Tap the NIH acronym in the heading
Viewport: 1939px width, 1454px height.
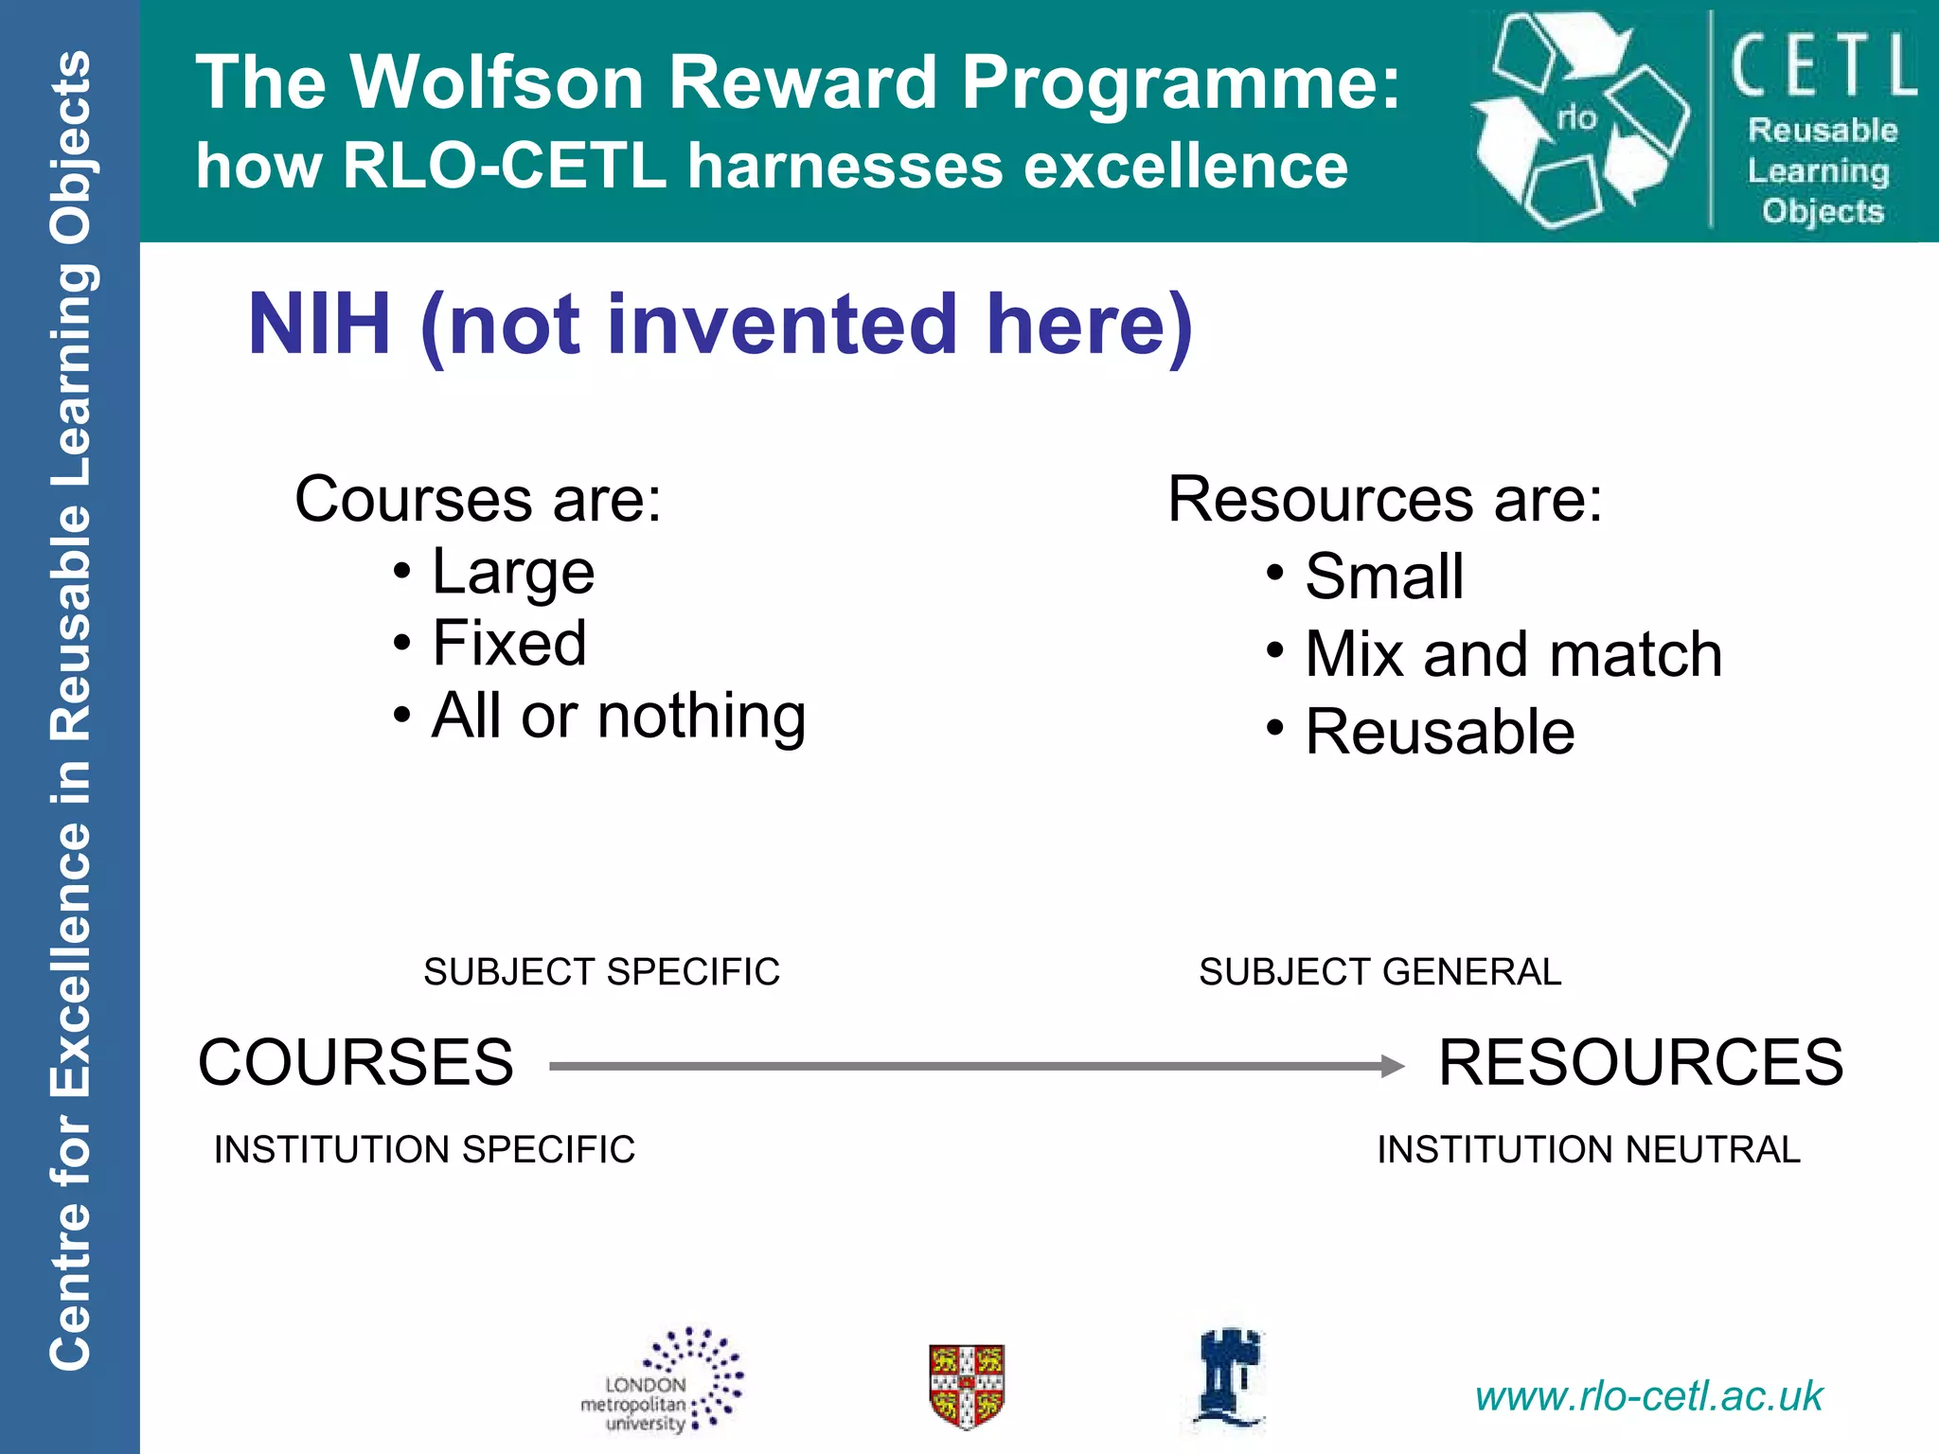tap(319, 325)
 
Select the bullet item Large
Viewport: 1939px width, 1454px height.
tap(512, 573)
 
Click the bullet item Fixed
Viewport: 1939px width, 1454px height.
tap(508, 644)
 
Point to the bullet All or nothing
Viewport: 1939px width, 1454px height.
tap(618, 716)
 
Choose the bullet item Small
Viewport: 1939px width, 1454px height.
tap(1383, 576)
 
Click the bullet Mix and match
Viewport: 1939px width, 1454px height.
tap(1513, 654)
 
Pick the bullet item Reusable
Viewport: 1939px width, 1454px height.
tap(1439, 732)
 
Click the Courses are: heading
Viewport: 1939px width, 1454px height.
tap(478, 499)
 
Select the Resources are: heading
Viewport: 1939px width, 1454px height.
tap(1384, 499)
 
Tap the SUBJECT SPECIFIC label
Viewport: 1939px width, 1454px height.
tap(601, 972)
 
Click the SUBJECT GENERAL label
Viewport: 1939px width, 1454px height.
tap(1379, 972)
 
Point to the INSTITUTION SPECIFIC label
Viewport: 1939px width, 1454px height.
tap(424, 1149)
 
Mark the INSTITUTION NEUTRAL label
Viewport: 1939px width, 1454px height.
tap(1588, 1149)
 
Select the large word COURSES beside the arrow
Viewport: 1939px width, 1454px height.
tap(356, 1062)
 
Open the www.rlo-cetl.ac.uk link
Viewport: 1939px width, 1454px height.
tap(1648, 1396)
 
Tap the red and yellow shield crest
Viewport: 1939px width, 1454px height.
tap(966, 1386)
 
